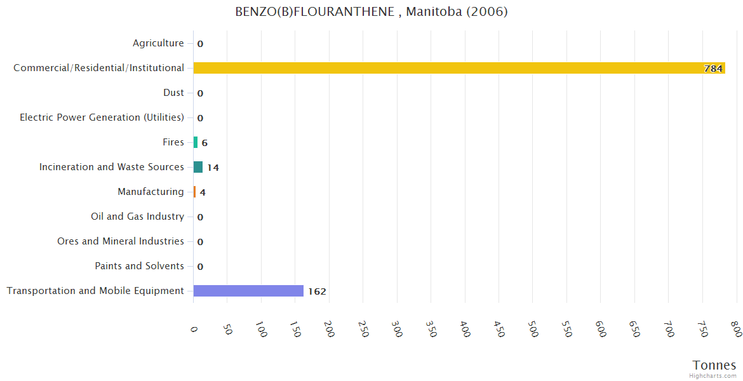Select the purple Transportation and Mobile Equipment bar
coord(248,291)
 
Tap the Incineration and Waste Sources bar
coord(198,167)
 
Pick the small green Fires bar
coord(196,142)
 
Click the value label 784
coord(713,69)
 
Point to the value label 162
coord(317,291)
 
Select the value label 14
coord(213,168)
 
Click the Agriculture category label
coord(158,43)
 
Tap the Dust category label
coord(173,93)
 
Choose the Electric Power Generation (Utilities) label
coord(102,117)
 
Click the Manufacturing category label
coord(151,192)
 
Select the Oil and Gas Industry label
coord(137,217)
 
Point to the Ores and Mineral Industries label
coord(121,241)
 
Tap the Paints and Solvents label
coord(139,266)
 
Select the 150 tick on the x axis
coord(296,330)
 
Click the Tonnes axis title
coord(714,365)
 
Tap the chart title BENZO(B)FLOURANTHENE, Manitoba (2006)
coord(371,12)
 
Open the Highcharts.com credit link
coord(713,376)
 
